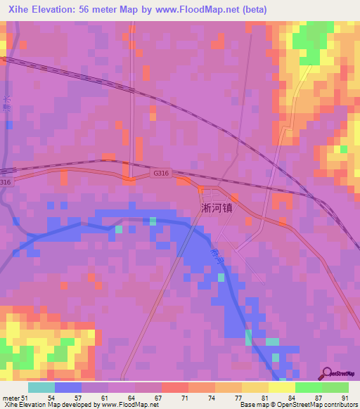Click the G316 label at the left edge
point(6,182)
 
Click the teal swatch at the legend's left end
point(41,387)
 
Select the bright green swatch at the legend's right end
point(335,387)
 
